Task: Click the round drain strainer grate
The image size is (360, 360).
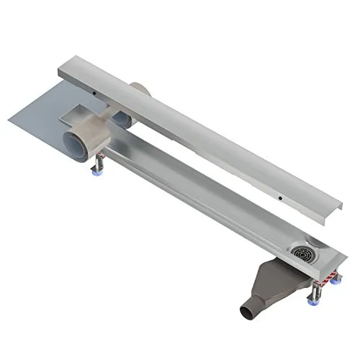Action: tap(303, 253)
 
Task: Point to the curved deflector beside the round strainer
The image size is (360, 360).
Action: tap(318, 242)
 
